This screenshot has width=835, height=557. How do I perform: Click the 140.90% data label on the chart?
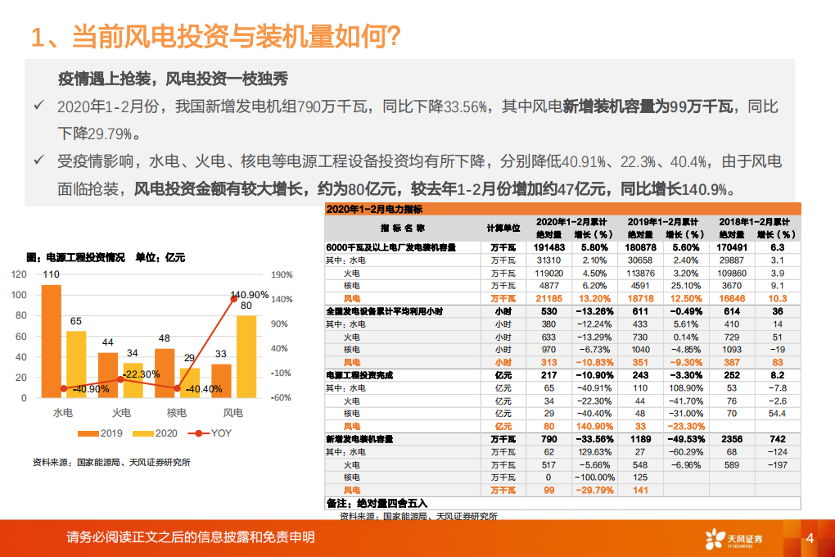pyautogui.click(x=250, y=295)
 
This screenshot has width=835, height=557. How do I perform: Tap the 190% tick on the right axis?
pyautogui.click(x=281, y=275)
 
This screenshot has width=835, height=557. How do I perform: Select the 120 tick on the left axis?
pyautogui.click(x=20, y=275)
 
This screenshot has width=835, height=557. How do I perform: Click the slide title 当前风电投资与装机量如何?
pyautogui.click(x=214, y=37)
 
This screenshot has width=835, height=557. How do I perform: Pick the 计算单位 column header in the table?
pyautogui.click(x=503, y=227)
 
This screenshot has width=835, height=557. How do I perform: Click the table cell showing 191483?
pyautogui.click(x=549, y=247)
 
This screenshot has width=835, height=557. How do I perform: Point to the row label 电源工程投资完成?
pyautogui.click(x=360, y=374)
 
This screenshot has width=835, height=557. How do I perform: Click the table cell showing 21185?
pyautogui.click(x=549, y=299)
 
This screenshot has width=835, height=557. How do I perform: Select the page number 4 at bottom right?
pyautogui.click(x=810, y=538)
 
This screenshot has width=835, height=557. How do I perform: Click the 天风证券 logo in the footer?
pyautogui.click(x=733, y=538)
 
